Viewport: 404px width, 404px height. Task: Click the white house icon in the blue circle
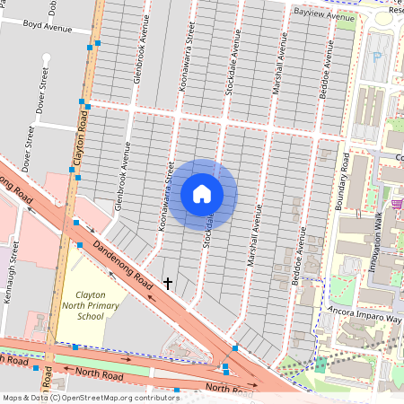point(202,194)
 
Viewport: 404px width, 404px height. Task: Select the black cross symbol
point(168,284)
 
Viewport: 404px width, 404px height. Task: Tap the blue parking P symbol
point(377,57)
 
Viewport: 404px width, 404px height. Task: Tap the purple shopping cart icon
point(396,204)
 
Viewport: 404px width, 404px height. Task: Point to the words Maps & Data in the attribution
point(25,397)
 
